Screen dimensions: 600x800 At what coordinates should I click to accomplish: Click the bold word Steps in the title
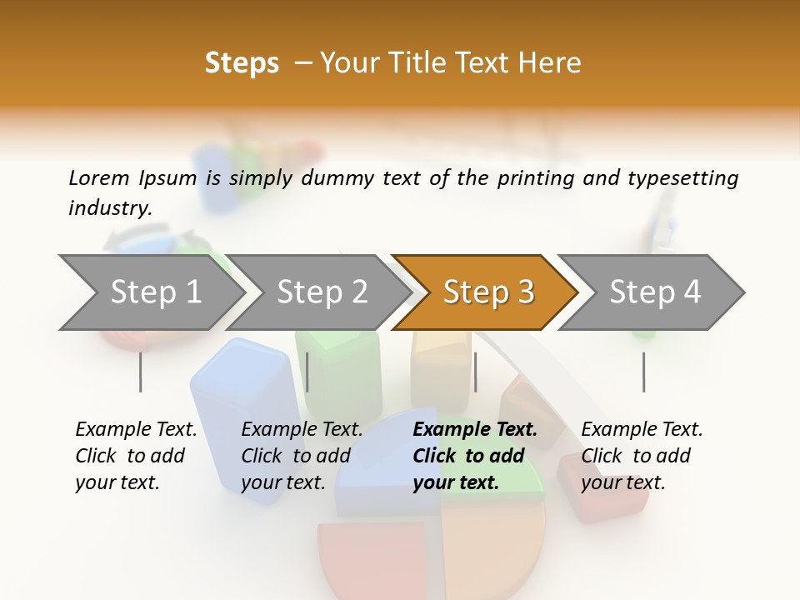[x=242, y=63]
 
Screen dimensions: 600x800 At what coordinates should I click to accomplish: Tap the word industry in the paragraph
[x=109, y=208]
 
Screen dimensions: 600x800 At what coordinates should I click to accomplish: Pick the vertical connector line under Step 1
[x=140, y=372]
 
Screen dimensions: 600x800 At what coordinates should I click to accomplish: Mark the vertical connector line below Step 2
[x=307, y=372]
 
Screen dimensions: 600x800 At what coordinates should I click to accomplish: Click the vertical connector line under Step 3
[x=475, y=372]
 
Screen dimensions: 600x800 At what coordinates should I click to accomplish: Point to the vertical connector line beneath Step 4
[x=643, y=372]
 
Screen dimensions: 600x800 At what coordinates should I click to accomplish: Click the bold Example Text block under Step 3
[x=473, y=456]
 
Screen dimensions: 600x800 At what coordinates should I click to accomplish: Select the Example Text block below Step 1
[x=135, y=456]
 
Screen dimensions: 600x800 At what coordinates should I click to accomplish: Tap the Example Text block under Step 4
[x=641, y=456]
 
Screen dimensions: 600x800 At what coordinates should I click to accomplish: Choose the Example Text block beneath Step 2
[x=301, y=456]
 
